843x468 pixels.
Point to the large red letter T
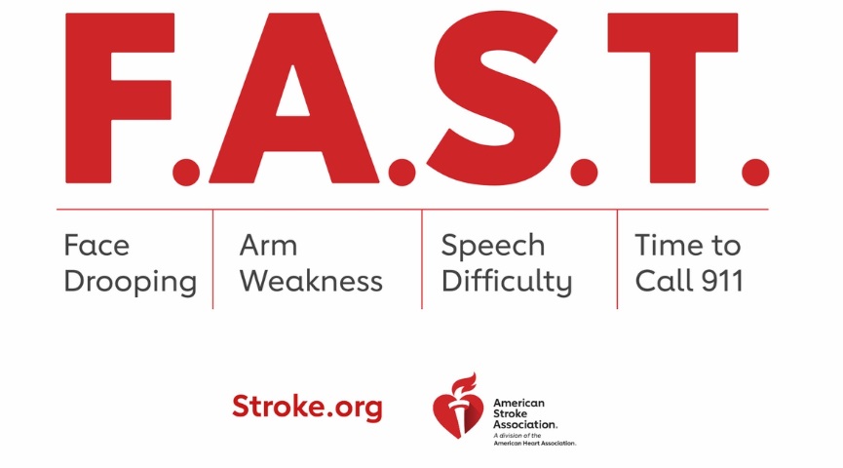(x=672, y=97)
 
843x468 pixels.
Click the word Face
(x=96, y=245)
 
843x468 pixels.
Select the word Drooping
(x=131, y=282)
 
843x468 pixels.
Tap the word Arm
(x=268, y=245)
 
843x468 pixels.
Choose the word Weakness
(x=311, y=282)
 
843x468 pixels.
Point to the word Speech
(x=493, y=247)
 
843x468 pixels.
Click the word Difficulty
(x=507, y=283)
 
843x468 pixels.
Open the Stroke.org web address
(x=307, y=407)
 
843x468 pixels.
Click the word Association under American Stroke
(x=525, y=424)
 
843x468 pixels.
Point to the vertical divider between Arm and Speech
(x=422, y=259)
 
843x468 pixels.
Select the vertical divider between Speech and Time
(x=617, y=259)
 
